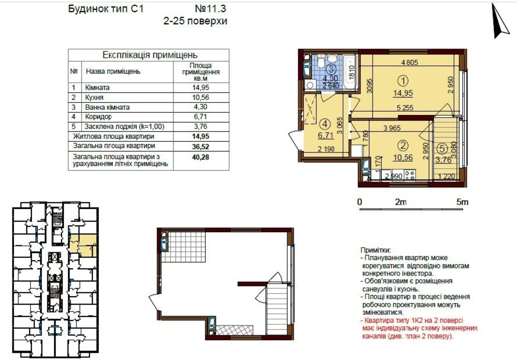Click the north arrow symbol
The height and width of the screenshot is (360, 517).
[x=501, y=21]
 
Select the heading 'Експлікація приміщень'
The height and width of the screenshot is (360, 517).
[x=149, y=55]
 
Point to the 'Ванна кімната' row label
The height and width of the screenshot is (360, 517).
[x=107, y=107]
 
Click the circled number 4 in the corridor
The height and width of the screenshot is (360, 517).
[x=325, y=124]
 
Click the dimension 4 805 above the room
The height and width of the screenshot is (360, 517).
[x=410, y=62]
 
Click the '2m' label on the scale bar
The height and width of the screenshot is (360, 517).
[x=401, y=202]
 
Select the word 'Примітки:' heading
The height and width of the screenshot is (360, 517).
[x=376, y=250]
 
